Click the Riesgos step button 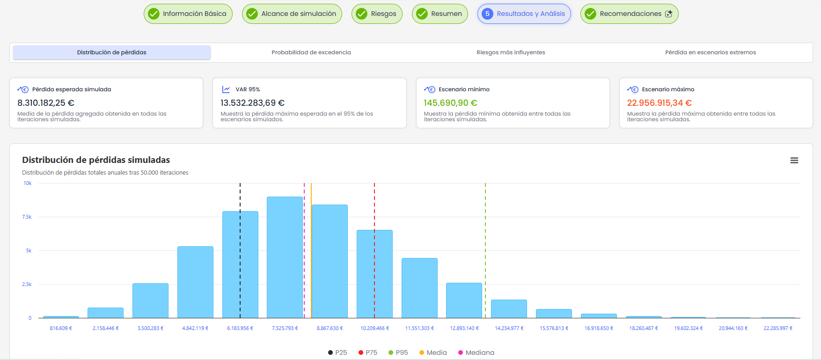tap(377, 14)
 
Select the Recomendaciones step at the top tap(629, 14)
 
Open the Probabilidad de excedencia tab tap(311, 52)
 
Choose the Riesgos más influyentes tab tap(511, 52)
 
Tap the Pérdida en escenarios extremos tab tap(711, 52)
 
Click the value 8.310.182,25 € tap(46, 103)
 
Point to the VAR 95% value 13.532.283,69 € tap(253, 103)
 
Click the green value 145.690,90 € tap(451, 103)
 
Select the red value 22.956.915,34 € tap(660, 103)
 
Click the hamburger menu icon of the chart tap(794, 160)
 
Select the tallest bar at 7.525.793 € tap(285, 257)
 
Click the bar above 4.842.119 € tap(195, 282)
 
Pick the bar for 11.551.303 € tap(419, 288)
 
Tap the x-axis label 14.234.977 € tap(509, 328)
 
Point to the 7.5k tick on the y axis tap(27, 217)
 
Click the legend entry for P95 tap(398, 353)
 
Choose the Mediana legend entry tap(476, 353)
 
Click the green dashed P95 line tap(485, 250)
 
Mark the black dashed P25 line tap(240, 250)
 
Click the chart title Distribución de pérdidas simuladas tap(96, 160)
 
